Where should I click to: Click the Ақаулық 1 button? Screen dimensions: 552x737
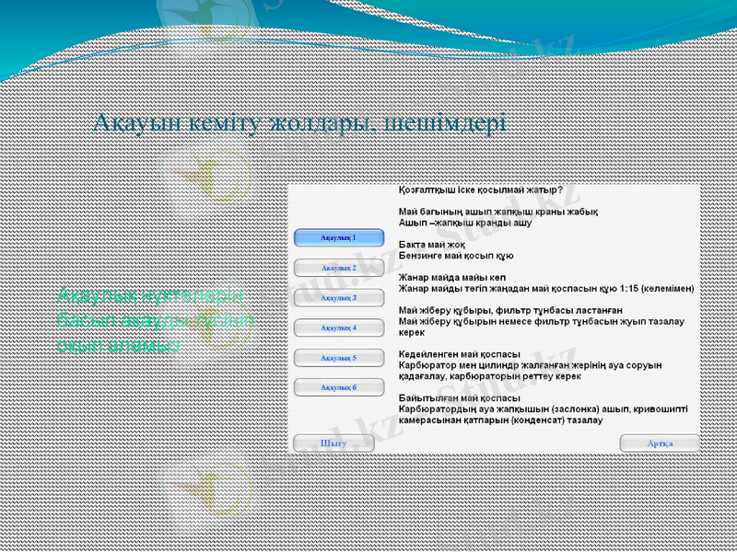pyautogui.click(x=338, y=237)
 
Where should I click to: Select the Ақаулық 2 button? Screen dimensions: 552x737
pyautogui.click(x=338, y=268)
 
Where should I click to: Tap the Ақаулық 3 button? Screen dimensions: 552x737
pyautogui.click(x=338, y=298)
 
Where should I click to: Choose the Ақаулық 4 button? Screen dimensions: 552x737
pyautogui.click(x=338, y=328)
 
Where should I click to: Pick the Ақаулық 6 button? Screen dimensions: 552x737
pyautogui.click(x=338, y=387)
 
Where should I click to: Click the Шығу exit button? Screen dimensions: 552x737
pyautogui.click(x=333, y=443)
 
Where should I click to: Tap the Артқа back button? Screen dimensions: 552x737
pyautogui.click(x=659, y=443)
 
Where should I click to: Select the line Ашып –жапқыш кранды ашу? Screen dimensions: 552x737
pyautogui.click(x=465, y=223)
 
